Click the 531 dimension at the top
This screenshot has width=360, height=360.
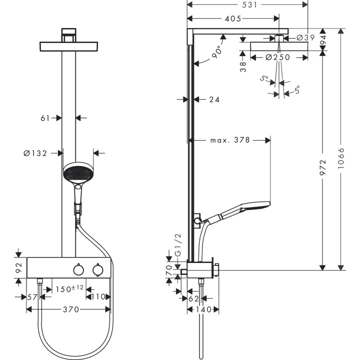point(248,5)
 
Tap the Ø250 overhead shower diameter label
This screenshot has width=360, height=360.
point(277,57)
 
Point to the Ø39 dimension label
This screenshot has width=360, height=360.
point(305,37)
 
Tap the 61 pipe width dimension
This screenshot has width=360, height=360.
point(45,118)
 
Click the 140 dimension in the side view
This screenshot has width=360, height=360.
point(203,310)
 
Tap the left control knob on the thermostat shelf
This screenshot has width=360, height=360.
point(77,270)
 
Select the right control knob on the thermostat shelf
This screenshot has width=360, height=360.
point(97,270)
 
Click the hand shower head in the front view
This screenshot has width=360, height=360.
point(78,173)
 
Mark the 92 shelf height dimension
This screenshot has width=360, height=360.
point(18,268)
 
